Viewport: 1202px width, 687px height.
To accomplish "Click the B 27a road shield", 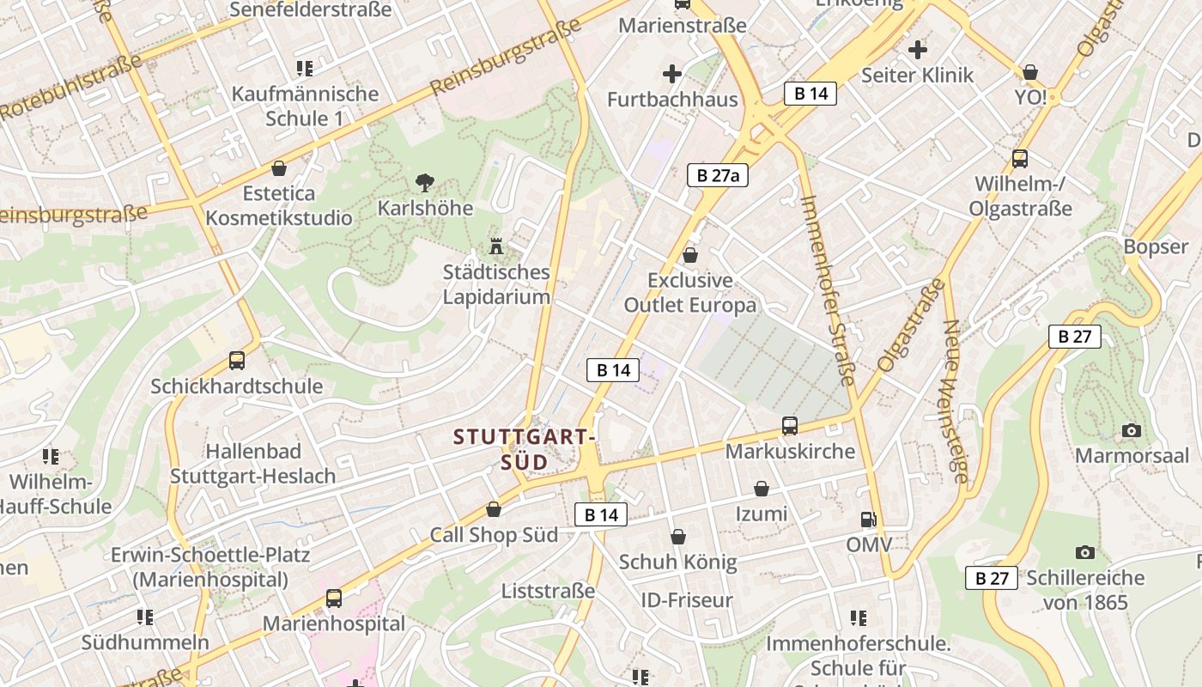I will point(718,176).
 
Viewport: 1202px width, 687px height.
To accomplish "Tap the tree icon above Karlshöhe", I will point(424,182).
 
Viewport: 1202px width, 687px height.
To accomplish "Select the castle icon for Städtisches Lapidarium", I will point(495,246).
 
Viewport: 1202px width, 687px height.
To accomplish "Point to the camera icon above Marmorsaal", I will point(1132,430).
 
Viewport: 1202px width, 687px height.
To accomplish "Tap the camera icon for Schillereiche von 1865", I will point(1085,553).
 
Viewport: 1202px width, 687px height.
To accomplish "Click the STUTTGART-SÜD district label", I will point(525,449).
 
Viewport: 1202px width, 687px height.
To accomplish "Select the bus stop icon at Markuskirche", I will point(790,426).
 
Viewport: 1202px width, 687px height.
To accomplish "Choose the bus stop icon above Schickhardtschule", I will point(237,361).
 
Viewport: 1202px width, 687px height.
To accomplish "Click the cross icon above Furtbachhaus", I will point(672,74).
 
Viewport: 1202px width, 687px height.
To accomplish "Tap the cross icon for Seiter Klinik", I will point(918,50).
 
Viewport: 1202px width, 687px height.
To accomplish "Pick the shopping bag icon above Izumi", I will point(762,489).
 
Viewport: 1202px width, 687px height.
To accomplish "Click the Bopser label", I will point(1156,246).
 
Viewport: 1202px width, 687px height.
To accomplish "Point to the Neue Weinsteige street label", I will point(955,401).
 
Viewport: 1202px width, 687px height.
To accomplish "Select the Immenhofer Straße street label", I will point(829,290).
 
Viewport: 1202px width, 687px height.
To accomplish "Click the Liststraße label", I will point(548,591).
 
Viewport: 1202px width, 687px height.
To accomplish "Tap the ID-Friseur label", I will point(687,599).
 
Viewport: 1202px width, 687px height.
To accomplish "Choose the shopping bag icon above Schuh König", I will point(678,538).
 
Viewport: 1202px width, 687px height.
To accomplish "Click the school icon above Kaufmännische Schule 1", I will point(304,68).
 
